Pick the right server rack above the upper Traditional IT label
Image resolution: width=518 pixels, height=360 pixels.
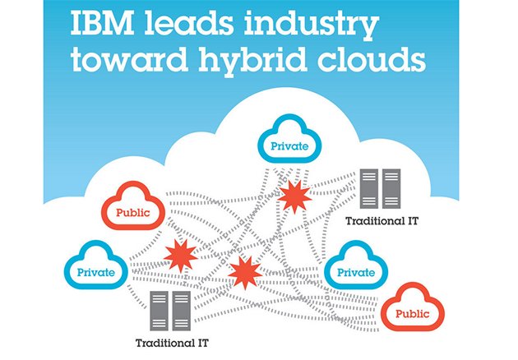click(391, 187)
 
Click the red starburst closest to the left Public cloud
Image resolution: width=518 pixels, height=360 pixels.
click(178, 256)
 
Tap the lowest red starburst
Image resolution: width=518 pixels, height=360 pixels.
click(243, 272)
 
